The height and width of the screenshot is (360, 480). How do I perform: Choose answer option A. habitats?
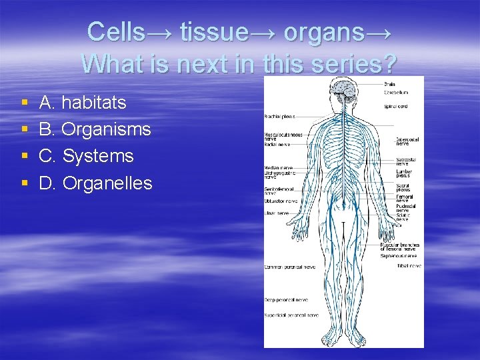[83, 103]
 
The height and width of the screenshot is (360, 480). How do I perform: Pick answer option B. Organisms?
[95, 129]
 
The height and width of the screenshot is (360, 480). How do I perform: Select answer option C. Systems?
[87, 156]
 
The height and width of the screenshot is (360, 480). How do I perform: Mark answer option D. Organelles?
[96, 183]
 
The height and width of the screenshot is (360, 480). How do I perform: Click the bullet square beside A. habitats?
[24, 103]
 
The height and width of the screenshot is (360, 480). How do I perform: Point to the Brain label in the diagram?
[390, 84]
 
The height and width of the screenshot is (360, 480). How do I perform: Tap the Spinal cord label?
[396, 106]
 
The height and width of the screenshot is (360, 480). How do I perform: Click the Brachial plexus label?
[280, 116]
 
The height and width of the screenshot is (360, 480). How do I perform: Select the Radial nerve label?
[277, 143]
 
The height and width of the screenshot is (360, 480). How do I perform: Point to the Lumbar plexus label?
[404, 173]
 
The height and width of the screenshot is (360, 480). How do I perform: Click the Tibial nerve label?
[409, 266]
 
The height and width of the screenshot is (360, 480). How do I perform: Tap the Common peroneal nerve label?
[289, 267]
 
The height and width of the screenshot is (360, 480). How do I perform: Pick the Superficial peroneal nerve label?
[291, 315]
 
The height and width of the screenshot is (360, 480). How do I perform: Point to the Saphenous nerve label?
[399, 255]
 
